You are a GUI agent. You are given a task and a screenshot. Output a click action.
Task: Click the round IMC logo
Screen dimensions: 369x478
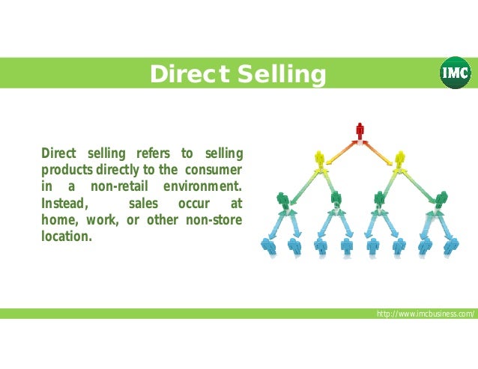coord(455,73)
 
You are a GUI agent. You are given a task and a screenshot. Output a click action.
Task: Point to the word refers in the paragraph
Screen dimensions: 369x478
coord(152,153)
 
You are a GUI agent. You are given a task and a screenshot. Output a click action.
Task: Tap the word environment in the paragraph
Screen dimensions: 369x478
coord(202,186)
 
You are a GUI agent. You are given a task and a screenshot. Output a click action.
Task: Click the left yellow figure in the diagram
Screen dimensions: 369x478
coord(320,159)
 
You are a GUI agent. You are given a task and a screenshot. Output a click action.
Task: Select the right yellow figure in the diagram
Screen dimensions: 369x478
coord(399,159)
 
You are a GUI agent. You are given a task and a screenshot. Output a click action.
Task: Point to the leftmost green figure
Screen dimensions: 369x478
coord(282,200)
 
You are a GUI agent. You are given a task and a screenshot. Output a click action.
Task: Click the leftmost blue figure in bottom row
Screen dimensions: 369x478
coord(267,245)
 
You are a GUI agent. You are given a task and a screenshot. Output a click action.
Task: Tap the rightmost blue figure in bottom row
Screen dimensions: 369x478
coord(452,245)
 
